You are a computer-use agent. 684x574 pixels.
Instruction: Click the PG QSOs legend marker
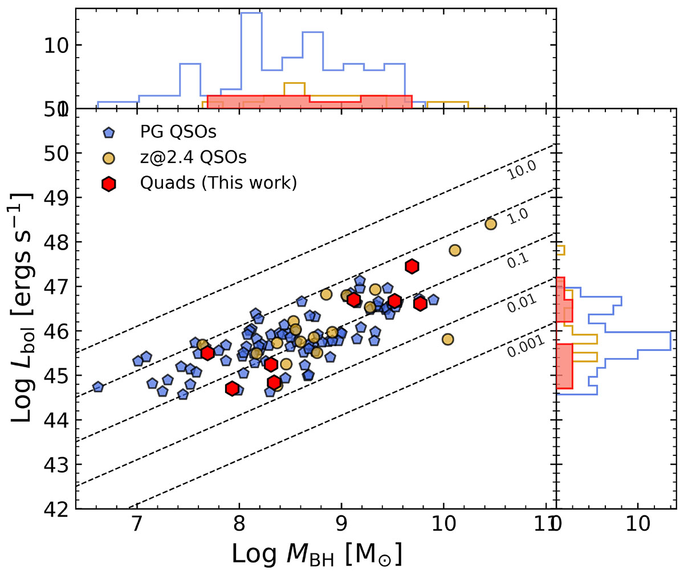coord(109,133)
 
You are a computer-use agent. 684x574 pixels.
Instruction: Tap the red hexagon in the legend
coord(109,183)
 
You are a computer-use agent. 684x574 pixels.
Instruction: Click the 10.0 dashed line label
coord(520,169)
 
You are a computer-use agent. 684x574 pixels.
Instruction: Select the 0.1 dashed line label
coord(519,260)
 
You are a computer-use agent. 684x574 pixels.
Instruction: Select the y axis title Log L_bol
coord(23,308)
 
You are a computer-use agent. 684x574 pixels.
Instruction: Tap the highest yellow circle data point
coord(491,224)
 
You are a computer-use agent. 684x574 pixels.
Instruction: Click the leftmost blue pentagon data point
coord(98,387)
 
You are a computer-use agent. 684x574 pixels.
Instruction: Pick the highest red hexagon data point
coord(412,266)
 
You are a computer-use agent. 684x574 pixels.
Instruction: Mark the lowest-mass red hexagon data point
coord(207,353)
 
